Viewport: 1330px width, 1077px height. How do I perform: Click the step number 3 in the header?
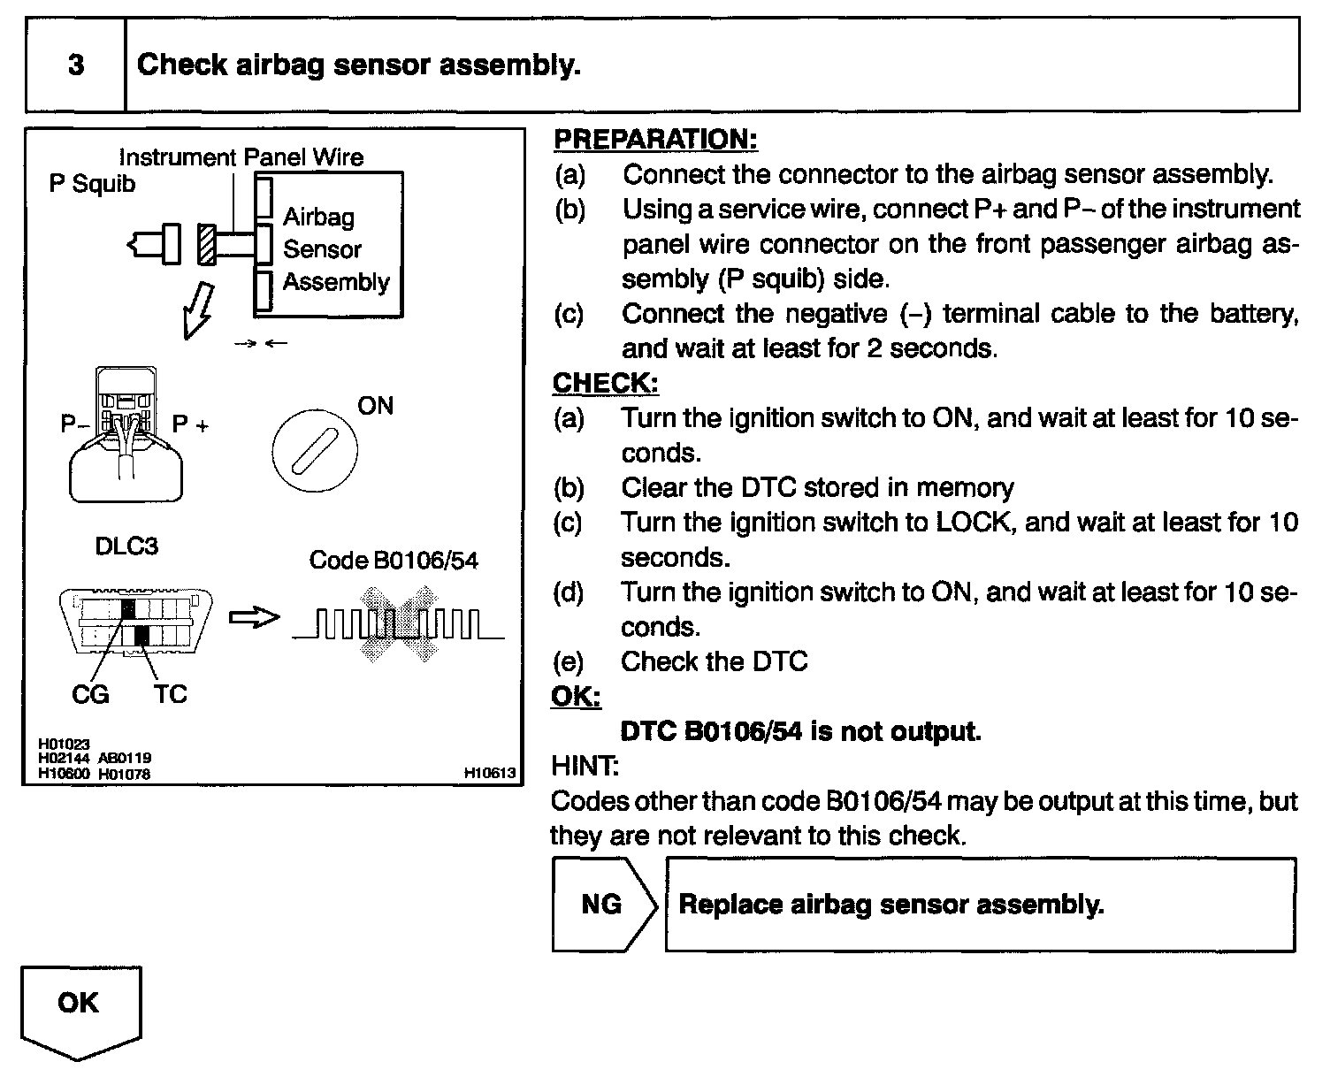[76, 65]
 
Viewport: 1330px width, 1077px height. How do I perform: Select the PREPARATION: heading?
[655, 139]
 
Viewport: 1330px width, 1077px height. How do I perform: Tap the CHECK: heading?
[605, 383]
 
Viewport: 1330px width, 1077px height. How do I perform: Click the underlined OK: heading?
[576, 696]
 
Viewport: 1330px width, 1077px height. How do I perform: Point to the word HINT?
[585, 765]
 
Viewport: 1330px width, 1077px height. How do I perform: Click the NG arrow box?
[604, 905]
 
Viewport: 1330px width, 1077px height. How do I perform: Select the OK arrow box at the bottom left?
[80, 1008]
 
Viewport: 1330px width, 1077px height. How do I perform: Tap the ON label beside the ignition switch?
[375, 406]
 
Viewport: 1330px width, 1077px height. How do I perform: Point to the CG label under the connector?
[90, 695]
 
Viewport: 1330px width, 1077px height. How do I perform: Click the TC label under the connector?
[170, 695]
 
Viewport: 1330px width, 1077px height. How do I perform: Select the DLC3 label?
[126, 546]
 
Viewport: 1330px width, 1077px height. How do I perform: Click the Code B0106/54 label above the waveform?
[394, 561]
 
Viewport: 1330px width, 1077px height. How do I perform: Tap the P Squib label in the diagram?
[92, 185]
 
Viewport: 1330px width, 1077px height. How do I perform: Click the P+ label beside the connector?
[190, 424]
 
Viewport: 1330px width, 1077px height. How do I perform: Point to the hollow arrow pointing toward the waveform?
[254, 618]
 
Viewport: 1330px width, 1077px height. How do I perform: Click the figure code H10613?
[489, 773]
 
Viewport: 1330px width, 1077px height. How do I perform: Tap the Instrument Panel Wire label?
[241, 157]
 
